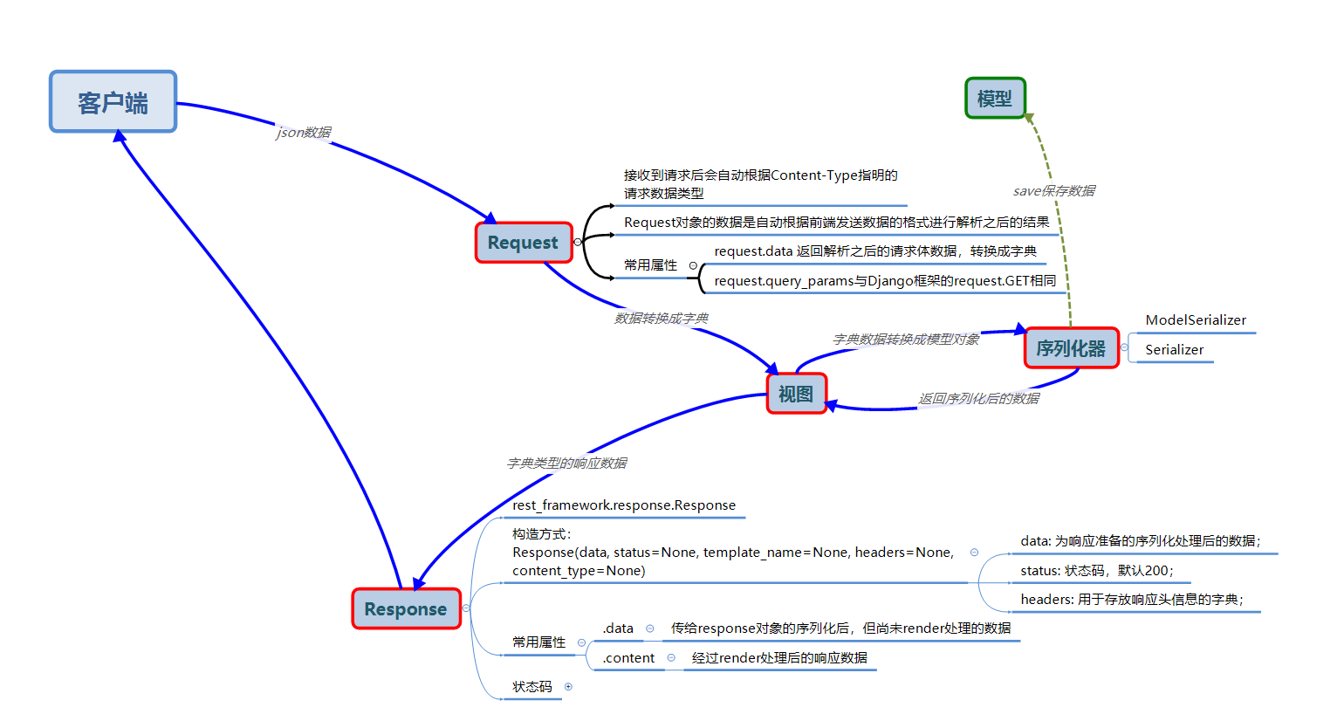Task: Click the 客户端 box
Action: (x=113, y=102)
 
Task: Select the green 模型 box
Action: (x=995, y=99)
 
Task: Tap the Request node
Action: (x=523, y=243)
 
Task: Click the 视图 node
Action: (x=796, y=394)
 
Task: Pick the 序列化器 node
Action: (x=1071, y=348)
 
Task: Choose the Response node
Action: (x=406, y=609)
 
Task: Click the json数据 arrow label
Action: (x=304, y=133)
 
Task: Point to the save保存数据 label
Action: (x=1054, y=191)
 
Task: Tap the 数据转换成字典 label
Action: (x=662, y=319)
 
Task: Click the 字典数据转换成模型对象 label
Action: (x=906, y=340)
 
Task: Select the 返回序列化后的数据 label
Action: (x=978, y=399)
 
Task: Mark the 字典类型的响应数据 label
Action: (x=567, y=463)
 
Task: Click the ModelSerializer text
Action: (x=1196, y=320)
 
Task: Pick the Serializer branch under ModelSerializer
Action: (x=1174, y=350)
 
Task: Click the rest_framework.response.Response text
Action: (x=624, y=505)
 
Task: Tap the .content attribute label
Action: (x=628, y=658)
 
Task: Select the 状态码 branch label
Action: (x=532, y=687)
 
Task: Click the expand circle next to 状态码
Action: (x=568, y=687)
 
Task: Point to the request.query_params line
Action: (x=885, y=281)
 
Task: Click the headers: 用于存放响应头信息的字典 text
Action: (x=1132, y=600)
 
